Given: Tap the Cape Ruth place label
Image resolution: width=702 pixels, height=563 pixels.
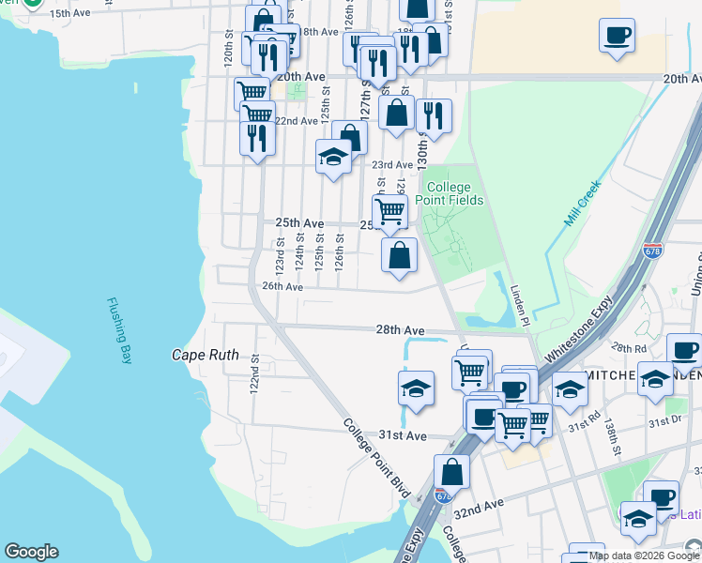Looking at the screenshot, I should (x=205, y=356).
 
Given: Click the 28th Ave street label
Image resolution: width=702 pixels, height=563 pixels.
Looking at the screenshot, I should (x=401, y=330).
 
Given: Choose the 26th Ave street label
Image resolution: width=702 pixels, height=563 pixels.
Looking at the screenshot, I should (x=282, y=286).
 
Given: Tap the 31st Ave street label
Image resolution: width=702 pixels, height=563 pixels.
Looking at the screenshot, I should (x=403, y=435).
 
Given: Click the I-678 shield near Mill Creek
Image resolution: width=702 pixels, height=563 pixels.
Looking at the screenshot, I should (x=652, y=251).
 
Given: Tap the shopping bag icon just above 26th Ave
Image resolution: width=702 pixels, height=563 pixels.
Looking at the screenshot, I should (x=399, y=255).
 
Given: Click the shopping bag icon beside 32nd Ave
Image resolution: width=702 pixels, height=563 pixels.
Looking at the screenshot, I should (x=452, y=472).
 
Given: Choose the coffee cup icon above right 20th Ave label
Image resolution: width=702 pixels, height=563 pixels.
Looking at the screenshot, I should (x=617, y=37).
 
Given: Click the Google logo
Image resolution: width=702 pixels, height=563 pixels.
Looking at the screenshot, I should (x=31, y=553).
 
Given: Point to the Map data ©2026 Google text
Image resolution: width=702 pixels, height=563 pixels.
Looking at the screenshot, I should (x=644, y=555).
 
